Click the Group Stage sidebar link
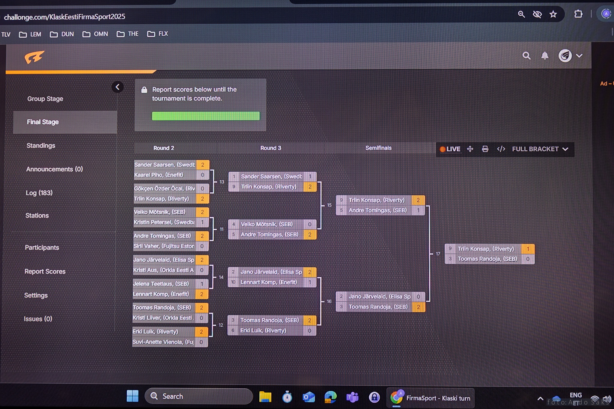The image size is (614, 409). (x=45, y=99)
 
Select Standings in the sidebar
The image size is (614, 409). (x=41, y=146)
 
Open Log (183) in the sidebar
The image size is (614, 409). (x=39, y=193)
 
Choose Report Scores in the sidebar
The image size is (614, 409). (x=45, y=271)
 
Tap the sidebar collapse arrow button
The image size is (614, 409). (x=118, y=87)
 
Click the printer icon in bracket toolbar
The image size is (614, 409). (x=485, y=149)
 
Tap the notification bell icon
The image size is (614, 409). (x=545, y=56)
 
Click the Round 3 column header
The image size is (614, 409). (x=270, y=148)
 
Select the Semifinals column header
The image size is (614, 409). (x=378, y=148)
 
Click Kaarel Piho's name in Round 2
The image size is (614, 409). (x=159, y=175)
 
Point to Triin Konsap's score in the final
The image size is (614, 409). (x=528, y=249)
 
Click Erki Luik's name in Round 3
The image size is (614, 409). (x=263, y=330)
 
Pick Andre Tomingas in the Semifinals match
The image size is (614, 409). (x=377, y=210)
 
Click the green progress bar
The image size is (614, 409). (x=206, y=116)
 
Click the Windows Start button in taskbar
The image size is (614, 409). (x=133, y=396)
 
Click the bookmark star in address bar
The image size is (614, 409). (x=553, y=14)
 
